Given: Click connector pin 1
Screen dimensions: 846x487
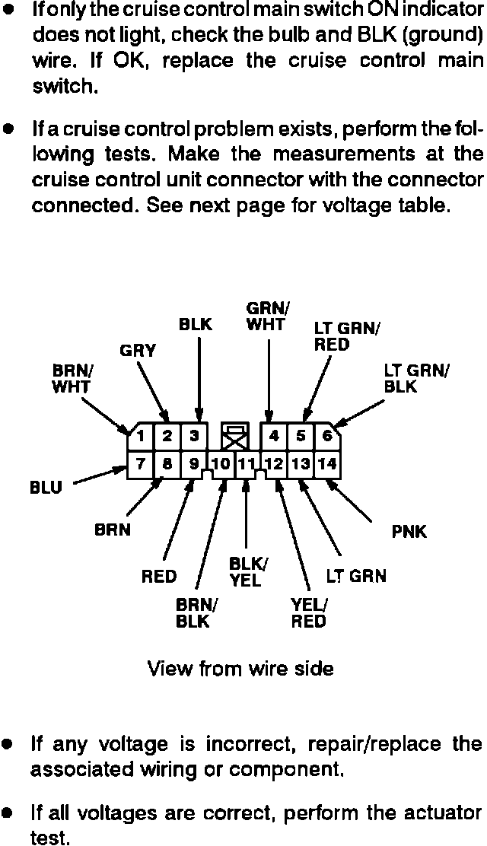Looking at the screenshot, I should (x=142, y=437).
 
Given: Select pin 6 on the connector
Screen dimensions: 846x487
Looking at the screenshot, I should (x=327, y=437).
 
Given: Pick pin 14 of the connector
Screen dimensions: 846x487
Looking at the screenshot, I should (x=328, y=463).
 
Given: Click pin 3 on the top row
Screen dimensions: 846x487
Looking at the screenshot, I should (x=195, y=437).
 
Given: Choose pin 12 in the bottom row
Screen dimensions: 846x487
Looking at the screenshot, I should (x=274, y=463).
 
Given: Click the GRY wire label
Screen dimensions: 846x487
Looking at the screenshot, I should (x=138, y=351).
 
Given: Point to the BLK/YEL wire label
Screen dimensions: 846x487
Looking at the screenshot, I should (x=245, y=572).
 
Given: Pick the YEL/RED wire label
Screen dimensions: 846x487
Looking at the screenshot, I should (x=308, y=613).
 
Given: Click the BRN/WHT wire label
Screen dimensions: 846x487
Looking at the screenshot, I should (x=72, y=379).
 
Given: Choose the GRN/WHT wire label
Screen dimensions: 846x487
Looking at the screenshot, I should (x=267, y=316).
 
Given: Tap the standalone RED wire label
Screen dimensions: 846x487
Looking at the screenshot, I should (x=159, y=577).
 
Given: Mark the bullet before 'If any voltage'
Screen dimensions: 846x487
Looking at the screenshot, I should (x=8, y=743).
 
